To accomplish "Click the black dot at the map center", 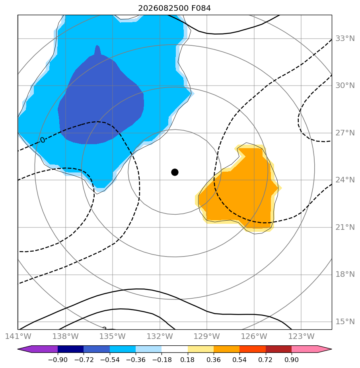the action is [175, 172].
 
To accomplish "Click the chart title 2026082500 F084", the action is [174, 8].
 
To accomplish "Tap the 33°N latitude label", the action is [345, 39].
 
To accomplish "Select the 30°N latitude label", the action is [345, 85].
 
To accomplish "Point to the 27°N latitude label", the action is [345, 133].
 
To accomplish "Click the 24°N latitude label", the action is [345, 180].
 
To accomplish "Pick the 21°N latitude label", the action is [345, 227].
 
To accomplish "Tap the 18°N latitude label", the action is [345, 274].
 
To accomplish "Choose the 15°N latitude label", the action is [345, 321].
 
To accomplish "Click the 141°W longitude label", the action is [18, 336].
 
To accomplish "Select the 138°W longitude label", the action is [65, 336].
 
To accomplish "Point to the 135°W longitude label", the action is [113, 336].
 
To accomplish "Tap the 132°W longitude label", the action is [160, 336].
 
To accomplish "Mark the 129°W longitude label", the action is [207, 336].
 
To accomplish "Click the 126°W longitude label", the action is [254, 336].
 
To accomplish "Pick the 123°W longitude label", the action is [301, 336].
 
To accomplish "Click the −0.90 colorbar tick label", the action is [58, 360].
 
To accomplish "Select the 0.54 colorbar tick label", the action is [239, 360].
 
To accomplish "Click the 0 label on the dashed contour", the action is [43, 140].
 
